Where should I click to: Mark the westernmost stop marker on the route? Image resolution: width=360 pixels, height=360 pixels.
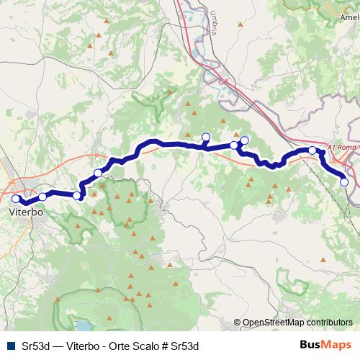tap(16, 199)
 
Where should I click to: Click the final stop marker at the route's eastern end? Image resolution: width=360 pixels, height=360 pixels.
tap(344, 183)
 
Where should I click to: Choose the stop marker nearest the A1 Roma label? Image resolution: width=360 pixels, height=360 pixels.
tap(312, 150)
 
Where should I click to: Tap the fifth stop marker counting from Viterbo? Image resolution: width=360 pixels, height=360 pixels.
tap(206, 138)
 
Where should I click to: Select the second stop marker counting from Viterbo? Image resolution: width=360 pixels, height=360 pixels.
tap(42, 196)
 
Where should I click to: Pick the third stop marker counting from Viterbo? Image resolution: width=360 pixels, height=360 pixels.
tap(77, 195)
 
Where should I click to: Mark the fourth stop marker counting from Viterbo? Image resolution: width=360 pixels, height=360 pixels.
tap(98, 172)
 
